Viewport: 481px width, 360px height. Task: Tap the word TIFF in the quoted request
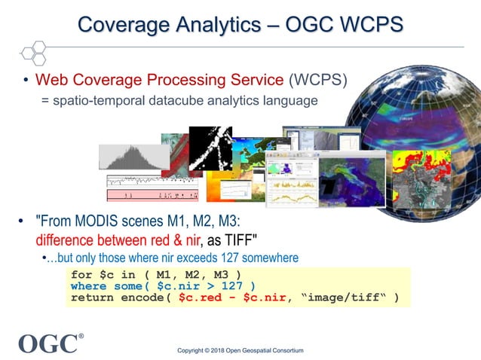click(x=234, y=240)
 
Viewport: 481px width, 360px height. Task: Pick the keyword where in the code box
click(x=89, y=286)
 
